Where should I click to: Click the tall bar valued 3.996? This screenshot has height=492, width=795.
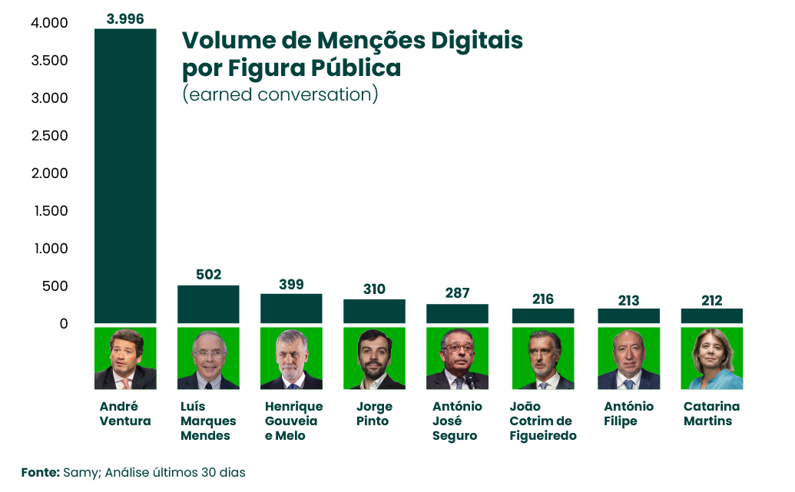click(x=125, y=176)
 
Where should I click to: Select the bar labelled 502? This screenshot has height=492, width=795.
click(x=208, y=304)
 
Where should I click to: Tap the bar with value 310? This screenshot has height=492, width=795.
click(x=374, y=311)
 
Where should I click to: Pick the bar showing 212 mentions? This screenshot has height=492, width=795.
click(x=711, y=315)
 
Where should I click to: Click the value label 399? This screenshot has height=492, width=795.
click(x=291, y=285)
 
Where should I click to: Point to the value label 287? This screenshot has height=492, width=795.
click(x=457, y=293)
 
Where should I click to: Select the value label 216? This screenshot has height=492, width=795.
click(x=543, y=299)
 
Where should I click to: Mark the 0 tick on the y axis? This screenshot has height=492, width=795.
click(x=63, y=324)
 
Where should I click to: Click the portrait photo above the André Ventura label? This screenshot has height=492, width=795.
click(x=125, y=358)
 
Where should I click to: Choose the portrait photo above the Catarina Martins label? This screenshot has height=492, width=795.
click(x=711, y=358)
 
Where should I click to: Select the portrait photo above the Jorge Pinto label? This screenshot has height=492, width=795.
click(x=374, y=358)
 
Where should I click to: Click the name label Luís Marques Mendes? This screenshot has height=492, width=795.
click(x=208, y=421)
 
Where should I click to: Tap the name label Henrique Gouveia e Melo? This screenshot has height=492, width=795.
click(x=293, y=421)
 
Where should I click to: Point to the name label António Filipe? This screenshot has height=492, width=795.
click(x=628, y=414)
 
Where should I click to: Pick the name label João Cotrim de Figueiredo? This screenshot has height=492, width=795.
click(x=543, y=421)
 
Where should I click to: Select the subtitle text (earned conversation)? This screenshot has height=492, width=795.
click(x=280, y=94)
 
